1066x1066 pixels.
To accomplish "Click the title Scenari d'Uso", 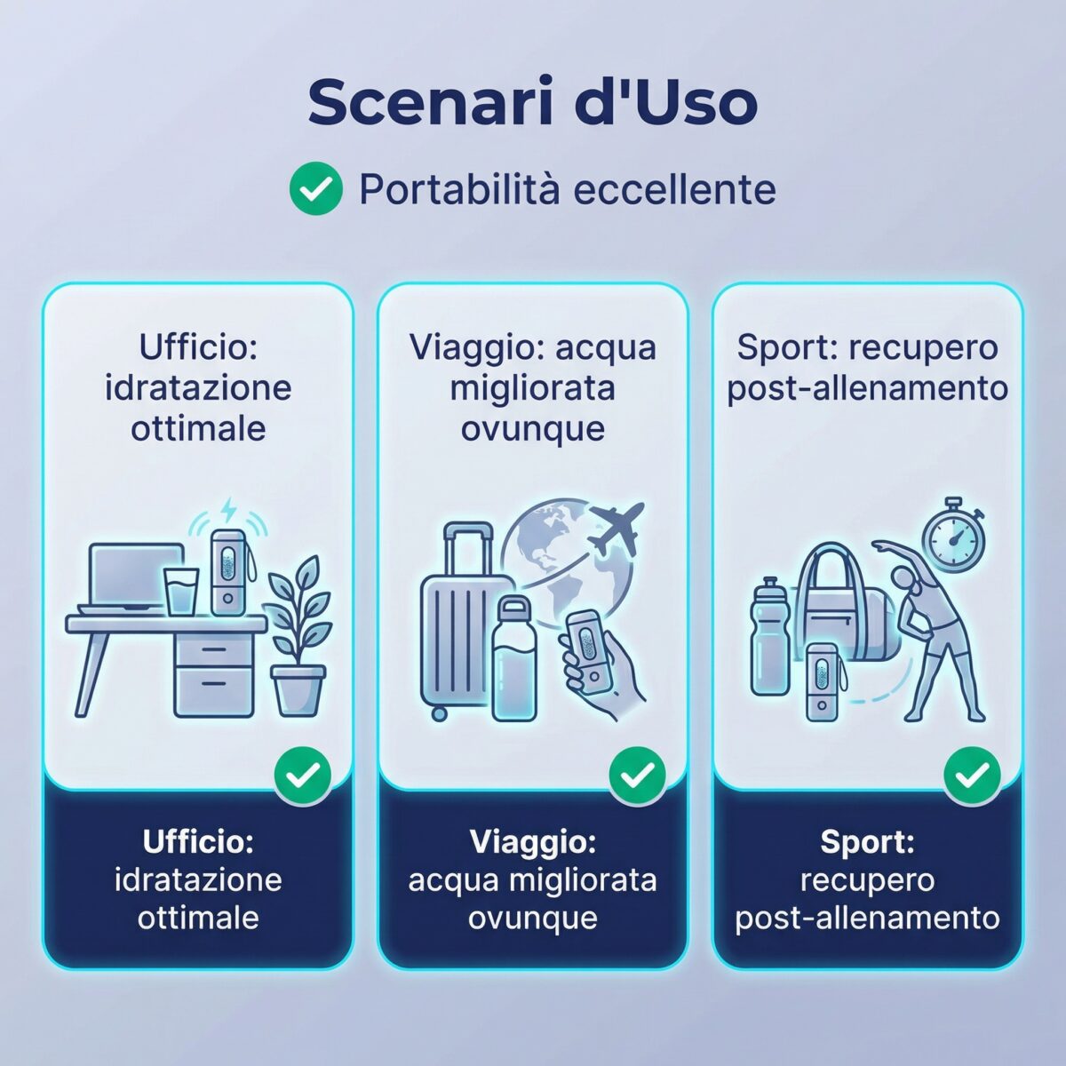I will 532,103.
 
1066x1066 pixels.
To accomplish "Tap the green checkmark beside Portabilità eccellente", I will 315,189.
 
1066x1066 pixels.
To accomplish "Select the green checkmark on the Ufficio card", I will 302,776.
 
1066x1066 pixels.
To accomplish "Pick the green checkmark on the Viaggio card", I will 637,776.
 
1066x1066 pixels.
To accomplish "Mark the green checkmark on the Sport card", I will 972,776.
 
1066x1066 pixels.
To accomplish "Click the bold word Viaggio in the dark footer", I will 532,841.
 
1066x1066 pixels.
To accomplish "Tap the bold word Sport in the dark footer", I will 867,841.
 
